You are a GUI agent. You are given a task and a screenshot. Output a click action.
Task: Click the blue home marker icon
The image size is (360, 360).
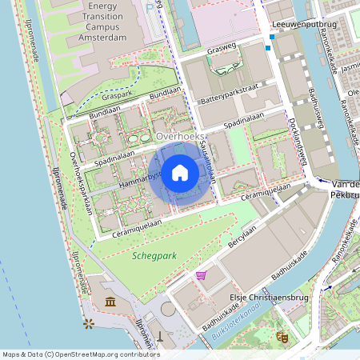(180, 172)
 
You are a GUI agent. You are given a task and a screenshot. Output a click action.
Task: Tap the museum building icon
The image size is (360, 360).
(110, 302)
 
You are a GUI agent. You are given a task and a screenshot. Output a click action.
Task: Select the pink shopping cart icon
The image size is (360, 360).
(201, 275)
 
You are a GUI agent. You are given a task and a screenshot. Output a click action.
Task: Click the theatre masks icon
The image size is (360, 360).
(281, 337)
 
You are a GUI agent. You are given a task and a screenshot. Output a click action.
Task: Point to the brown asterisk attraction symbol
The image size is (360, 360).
(88, 323)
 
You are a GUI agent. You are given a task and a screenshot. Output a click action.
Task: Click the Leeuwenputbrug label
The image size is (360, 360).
(304, 24)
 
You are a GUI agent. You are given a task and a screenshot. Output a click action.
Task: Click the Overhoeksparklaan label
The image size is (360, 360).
(82, 184)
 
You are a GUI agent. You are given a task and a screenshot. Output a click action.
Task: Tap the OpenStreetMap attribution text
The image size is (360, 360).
(80, 354)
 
